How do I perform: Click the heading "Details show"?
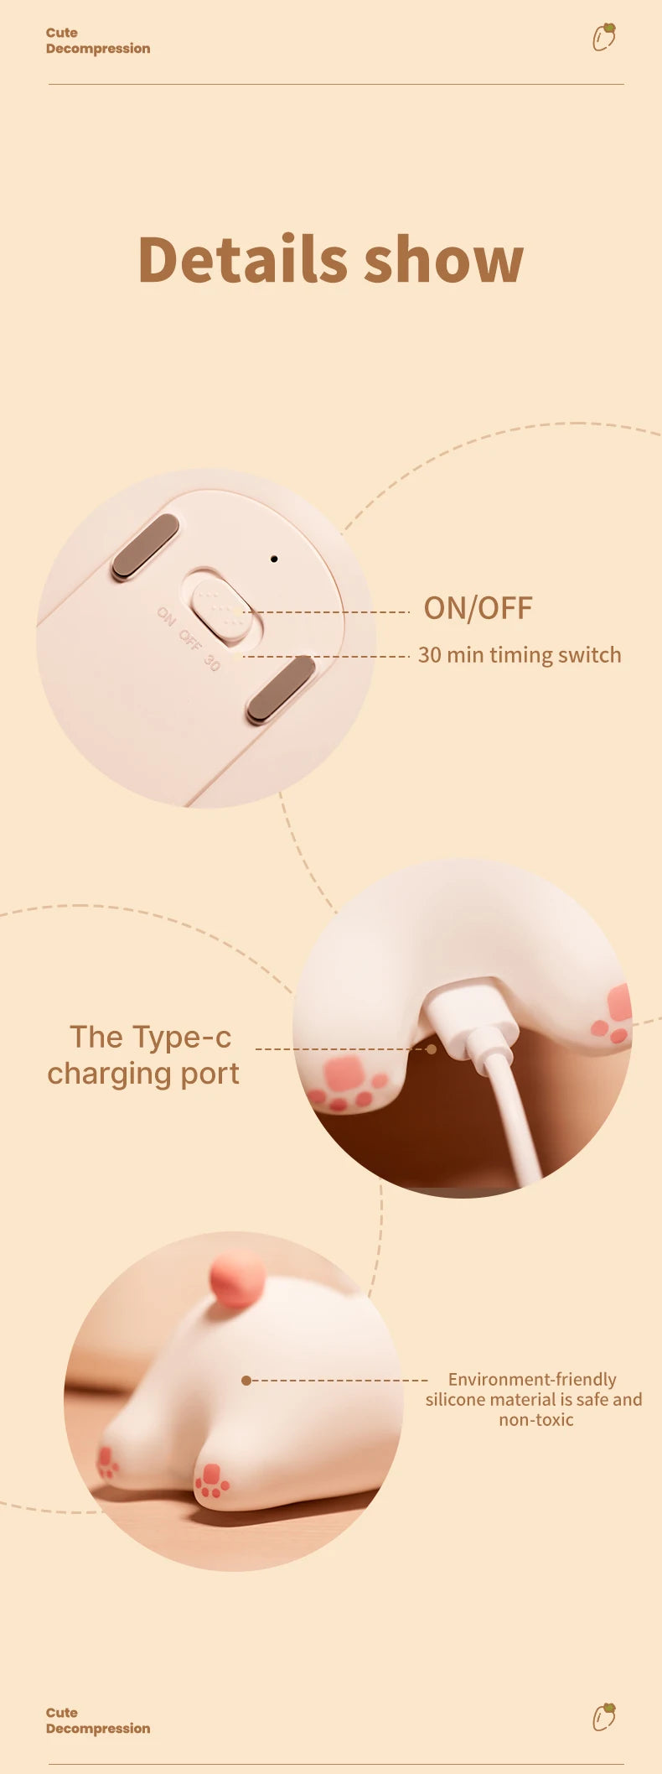click(330, 260)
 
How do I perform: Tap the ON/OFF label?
click(478, 608)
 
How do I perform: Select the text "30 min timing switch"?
click(520, 655)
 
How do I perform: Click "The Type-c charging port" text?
click(144, 1055)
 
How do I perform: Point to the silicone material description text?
click(534, 1399)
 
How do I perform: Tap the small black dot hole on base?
click(274, 559)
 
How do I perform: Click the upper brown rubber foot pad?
click(146, 546)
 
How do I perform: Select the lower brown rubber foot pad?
click(281, 689)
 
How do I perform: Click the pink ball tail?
click(238, 1279)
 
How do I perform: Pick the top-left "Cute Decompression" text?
click(97, 40)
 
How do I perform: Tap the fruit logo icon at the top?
click(604, 37)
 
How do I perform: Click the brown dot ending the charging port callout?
click(431, 1049)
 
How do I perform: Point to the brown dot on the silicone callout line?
click(246, 1380)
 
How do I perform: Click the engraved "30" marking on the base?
click(212, 663)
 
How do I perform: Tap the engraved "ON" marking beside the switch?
click(166, 616)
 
